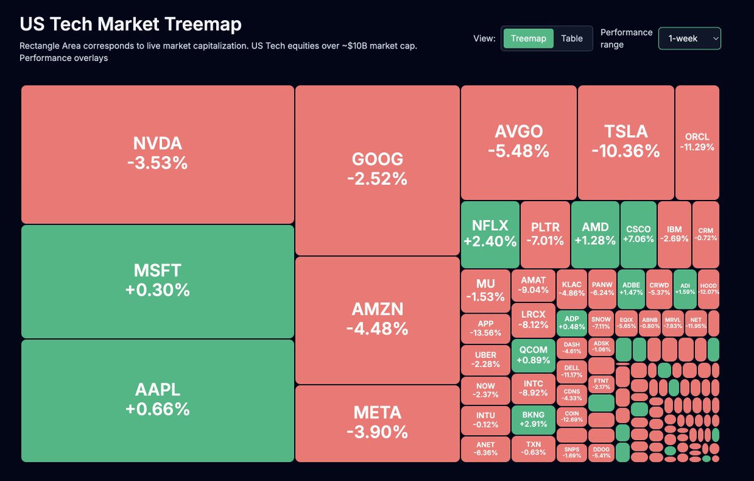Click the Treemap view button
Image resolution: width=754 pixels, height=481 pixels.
tap(528, 38)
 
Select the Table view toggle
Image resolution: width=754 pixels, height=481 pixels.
tap(572, 38)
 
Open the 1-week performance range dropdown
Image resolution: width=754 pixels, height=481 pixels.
tap(689, 38)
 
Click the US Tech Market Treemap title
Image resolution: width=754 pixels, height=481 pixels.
tap(131, 24)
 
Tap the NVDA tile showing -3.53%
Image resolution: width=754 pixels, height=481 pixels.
tap(157, 154)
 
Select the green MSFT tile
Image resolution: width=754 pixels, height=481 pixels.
tap(157, 281)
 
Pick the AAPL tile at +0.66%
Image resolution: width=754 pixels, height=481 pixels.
tap(157, 401)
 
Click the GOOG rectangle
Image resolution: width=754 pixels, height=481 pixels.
tap(377, 170)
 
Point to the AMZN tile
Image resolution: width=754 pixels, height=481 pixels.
tap(377, 319)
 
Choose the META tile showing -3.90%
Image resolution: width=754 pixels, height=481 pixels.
tap(377, 423)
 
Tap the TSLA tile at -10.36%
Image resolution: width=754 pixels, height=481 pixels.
tap(625, 141)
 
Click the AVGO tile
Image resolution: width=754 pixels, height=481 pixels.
tap(518, 141)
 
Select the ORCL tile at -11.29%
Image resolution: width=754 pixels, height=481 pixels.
tap(697, 141)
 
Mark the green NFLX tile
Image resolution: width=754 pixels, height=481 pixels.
tap(490, 234)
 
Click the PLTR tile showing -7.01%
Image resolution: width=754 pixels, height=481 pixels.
tap(545, 234)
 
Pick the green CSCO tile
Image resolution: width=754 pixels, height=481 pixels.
tap(638, 234)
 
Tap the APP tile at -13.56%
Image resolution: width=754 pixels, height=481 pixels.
tap(485, 328)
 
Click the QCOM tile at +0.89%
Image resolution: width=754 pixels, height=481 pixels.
tap(533, 355)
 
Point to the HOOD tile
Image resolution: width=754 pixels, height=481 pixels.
tap(708, 289)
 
